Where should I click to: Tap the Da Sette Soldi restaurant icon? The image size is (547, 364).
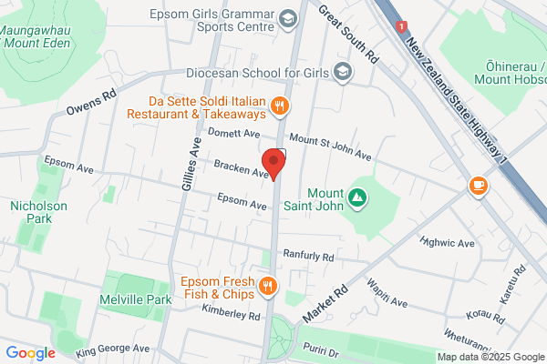281,106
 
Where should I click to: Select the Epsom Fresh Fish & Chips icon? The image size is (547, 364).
267,287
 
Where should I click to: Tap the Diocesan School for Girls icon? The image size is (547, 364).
343,72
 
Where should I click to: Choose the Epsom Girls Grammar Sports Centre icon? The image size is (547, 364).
288,18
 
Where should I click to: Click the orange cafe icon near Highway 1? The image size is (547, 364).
477,186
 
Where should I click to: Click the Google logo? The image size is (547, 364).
30,353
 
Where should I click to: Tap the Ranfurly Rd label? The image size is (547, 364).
308,257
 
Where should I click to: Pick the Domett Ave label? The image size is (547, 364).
235,134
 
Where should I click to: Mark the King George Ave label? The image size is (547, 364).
112,349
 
